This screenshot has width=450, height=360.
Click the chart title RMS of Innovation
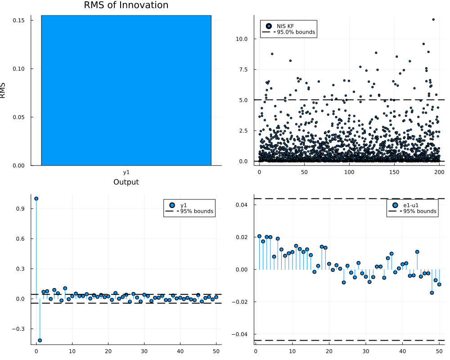point(126,5)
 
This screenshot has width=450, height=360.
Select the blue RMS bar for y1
point(126,90)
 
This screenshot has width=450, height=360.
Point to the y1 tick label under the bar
point(126,172)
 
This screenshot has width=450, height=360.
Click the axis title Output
point(126,182)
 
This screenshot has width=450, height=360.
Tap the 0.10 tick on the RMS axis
point(18,69)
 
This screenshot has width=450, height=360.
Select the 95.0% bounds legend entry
point(289,32)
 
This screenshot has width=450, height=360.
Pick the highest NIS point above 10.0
point(433,19)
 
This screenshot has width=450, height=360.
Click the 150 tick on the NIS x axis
point(394,172)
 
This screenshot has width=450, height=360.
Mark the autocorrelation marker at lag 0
point(36,198)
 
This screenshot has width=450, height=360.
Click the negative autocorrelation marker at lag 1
point(40,341)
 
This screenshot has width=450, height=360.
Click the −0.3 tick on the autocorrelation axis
point(18,329)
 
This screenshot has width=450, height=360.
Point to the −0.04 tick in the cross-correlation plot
point(240,334)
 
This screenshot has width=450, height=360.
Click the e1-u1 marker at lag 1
point(260,236)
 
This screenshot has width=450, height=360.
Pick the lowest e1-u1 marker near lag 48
point(432,293)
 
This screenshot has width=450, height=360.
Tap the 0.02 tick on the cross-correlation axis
point(242,238)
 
